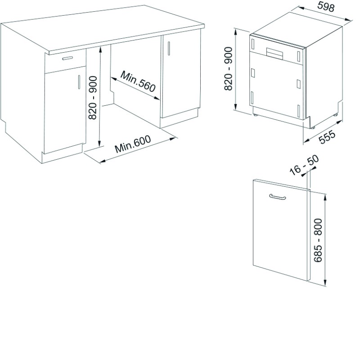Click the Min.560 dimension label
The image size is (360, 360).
(138, 81)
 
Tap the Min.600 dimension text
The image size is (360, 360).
(133, 144)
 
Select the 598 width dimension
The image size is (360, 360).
(326, 7)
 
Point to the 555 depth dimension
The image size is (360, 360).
(328, 137)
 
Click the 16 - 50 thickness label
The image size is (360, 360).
(304, 165)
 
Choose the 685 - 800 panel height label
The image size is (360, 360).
(318, 240)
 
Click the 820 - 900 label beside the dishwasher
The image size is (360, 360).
(229, 69)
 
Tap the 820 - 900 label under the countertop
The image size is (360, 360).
(93, 98)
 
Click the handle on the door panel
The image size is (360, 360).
(277, 197)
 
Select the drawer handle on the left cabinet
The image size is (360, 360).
(67, 58)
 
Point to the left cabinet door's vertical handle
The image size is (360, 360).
(79, 82)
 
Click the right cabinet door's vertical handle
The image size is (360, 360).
(169, 49)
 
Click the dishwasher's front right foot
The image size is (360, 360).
(312, 127)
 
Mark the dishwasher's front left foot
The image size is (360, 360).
(256, 115)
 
